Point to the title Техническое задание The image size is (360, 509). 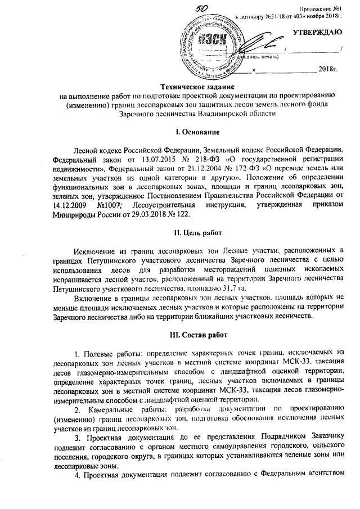click(x=195, y=87)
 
